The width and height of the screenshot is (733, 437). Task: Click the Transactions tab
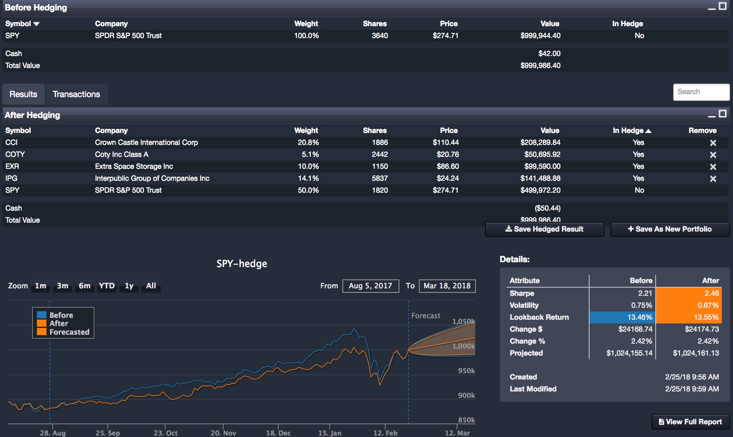76,94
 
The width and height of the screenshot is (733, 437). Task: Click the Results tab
23,94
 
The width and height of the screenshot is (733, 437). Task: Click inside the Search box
701,92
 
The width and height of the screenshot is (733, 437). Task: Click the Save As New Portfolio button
669,229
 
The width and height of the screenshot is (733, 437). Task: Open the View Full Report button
690,422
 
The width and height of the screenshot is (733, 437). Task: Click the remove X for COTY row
713,155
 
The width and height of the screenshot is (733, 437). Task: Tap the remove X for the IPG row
713,179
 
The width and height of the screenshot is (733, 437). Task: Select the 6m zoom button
84,286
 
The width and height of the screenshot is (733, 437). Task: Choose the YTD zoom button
106,286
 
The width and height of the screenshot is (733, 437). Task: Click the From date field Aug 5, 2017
370,286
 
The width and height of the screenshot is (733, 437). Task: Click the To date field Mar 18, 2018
447,286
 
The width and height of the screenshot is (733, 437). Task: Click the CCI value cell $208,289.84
540,142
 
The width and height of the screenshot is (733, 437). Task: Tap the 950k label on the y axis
466,371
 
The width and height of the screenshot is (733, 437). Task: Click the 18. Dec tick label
278,433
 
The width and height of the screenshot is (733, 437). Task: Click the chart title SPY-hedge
242,264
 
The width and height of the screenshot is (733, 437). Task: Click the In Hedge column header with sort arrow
631,130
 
